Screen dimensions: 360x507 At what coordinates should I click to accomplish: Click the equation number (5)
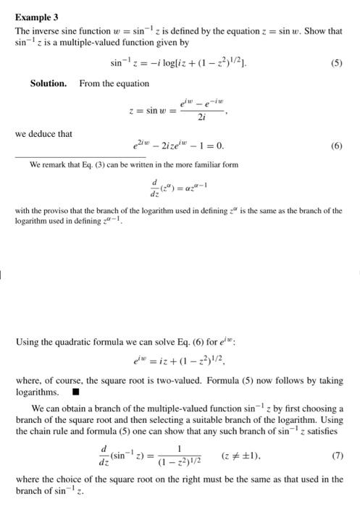click(336, 62)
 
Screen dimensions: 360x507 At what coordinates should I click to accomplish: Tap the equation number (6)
click(336, 146)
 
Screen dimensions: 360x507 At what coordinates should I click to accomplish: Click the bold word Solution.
click(48, 83)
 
